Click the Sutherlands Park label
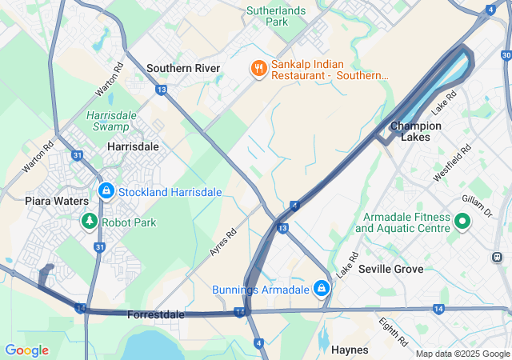coord(277,16)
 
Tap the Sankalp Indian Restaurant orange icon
coord(258,69)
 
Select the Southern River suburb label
coord(183,68)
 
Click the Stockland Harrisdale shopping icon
coord(106,191)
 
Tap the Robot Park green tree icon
coord(90,222)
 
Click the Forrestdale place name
coord(156,314)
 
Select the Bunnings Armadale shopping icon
coord(321,288)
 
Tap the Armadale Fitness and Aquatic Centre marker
coord(462,222)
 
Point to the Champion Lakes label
coord(416,131)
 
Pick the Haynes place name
coord(350,350)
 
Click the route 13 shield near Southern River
coord(162,90)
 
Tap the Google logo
coord(26,350)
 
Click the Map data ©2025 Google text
coord(462,354)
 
